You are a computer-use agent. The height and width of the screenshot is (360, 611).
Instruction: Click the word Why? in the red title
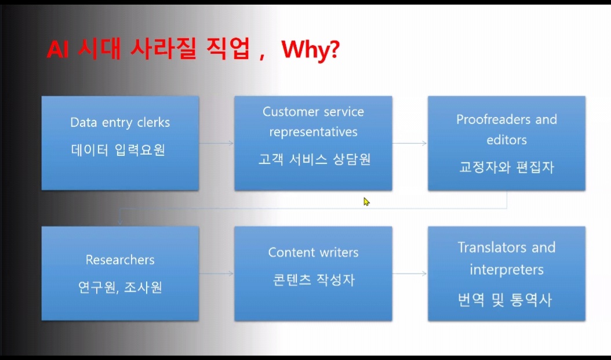[310, 51]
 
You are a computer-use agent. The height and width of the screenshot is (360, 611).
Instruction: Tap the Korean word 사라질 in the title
[164, 51]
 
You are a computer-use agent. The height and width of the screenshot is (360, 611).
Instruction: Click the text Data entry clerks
[120, 122]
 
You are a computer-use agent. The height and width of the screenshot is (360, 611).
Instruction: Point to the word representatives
[313, 132]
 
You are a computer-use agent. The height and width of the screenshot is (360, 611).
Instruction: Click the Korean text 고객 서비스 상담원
[314, 159]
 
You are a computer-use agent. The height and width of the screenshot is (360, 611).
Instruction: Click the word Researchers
[120, 259]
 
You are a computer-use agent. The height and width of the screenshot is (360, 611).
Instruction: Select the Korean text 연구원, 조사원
[119, 286]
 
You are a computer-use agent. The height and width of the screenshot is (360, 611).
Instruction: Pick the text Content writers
[313, 252]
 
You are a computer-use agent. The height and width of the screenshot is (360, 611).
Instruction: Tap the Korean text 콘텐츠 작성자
[313, 279]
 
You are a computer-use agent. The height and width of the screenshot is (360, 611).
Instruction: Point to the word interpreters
[506, 270]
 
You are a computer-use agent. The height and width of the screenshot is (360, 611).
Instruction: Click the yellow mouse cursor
[366, 201]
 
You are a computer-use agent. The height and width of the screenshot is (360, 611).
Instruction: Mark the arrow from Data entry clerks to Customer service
[216, 143]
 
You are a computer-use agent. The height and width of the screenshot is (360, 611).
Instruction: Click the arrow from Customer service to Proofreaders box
[409, 143]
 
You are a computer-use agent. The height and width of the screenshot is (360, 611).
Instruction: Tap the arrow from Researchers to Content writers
[216, 272]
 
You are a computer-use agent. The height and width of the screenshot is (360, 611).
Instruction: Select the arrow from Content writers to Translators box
[409, 272]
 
